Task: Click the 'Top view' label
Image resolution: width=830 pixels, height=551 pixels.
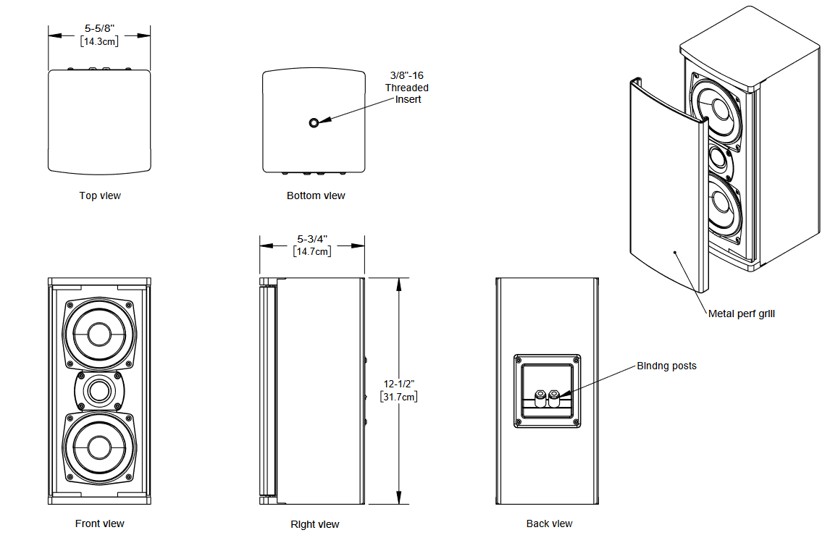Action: [100, 195]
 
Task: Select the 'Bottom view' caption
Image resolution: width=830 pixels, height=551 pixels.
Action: [316, 195]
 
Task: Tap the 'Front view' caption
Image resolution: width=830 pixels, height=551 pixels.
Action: [99, 523]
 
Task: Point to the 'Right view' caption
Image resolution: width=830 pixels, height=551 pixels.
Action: [315, 524]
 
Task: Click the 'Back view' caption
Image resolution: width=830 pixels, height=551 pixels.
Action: [550, 523]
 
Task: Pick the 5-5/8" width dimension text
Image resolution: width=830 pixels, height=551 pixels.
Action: [99, 28]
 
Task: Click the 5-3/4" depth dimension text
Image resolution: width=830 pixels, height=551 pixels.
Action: [312, 239]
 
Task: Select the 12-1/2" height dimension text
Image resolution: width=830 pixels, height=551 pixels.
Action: [399, 384]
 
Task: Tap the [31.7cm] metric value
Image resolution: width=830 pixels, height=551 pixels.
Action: [399, 397]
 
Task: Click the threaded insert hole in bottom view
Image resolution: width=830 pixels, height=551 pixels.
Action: [314, 123]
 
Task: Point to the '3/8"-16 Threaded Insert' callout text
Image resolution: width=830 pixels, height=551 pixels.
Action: [406, 88]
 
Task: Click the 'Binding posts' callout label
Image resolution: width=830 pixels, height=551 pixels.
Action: [666, 366]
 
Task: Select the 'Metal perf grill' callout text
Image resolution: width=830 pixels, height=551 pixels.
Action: [742, 314]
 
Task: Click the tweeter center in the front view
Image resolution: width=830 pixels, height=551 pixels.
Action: [99, 392]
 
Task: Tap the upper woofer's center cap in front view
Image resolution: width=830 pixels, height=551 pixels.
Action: [99, 335]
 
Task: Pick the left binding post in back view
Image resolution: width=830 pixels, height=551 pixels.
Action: [540, 398]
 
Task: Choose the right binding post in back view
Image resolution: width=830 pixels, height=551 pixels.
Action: [553, 398]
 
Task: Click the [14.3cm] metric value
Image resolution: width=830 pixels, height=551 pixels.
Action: [99, 41]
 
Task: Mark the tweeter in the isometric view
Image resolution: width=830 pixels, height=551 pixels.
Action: [718, 159]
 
